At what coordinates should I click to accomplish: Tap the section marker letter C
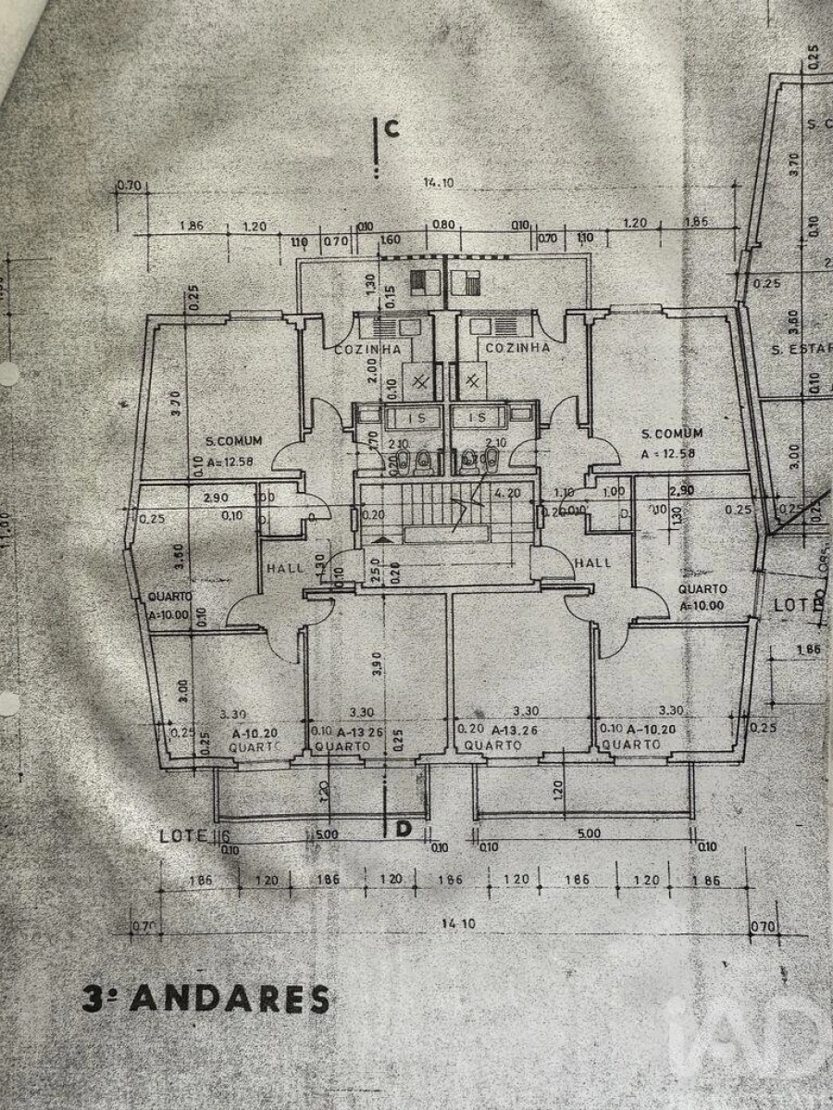tap(392, 129)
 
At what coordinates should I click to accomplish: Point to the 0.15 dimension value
tap(392, 296)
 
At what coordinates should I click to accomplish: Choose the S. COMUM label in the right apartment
tap(672, 433)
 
